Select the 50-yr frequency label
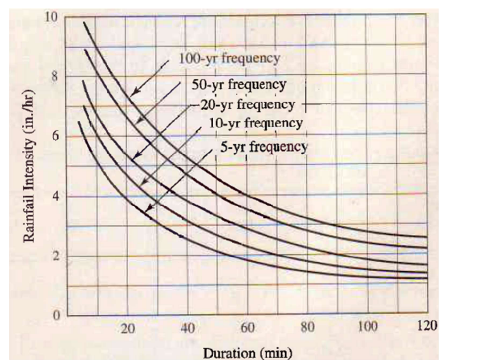[x=239, y=84]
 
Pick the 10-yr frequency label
[x=254, y=123]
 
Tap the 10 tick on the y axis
[x=52, y=16]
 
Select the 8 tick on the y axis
[x=54, y=76]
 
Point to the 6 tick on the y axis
[x=54, y=136]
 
